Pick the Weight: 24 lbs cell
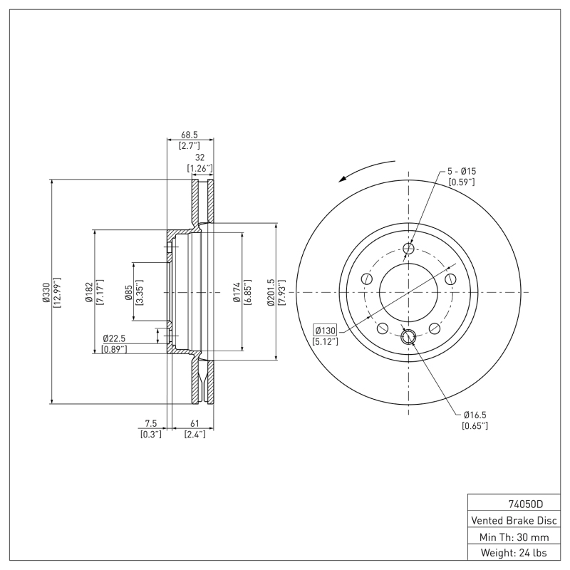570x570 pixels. tap(513, 552)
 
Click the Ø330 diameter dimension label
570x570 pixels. tap(45, 292)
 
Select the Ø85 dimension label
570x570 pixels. tap(128, 292)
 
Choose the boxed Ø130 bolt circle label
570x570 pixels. tap(325, 330)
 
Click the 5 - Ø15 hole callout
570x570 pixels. tap(461, 171)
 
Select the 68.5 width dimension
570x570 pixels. tap(189, 134)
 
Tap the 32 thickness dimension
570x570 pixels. tap(199, 157)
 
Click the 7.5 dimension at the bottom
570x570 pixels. tap(150, 423)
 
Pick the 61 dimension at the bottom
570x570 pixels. tap(195, 423)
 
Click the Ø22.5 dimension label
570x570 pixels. tap(115, 338)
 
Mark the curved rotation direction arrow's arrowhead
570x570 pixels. tap(342, 180)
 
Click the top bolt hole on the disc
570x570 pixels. tap(408, 249)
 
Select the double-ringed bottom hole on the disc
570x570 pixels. tap(408, 337)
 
